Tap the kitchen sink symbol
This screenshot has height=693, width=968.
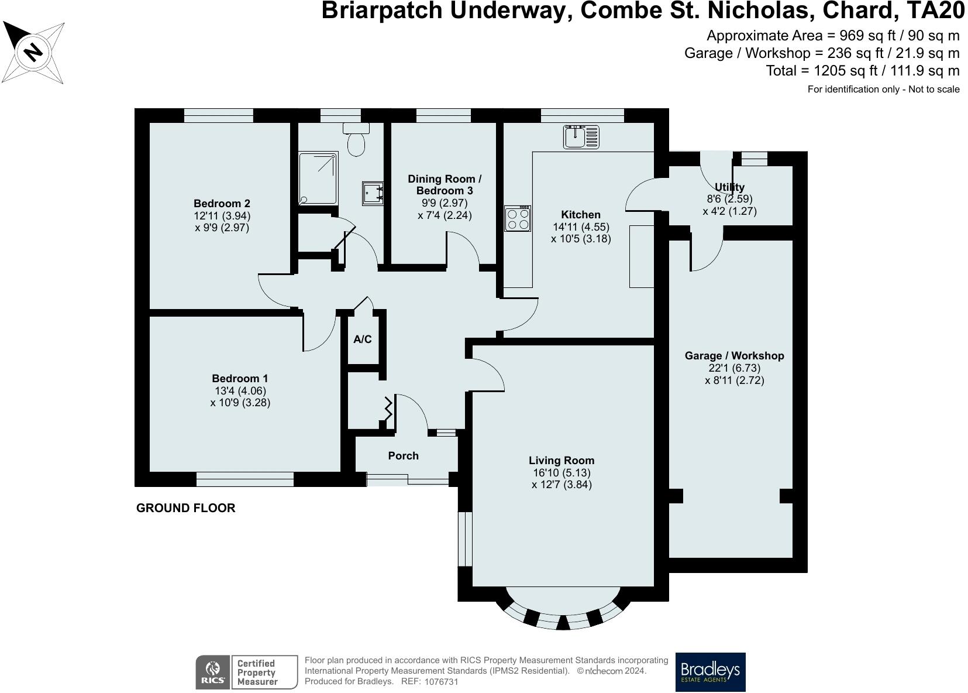point(581,136)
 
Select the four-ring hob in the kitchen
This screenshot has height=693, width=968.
point(518,218)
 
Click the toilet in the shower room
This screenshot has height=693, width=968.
point(356,139)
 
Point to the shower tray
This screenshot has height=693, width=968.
point(318,178)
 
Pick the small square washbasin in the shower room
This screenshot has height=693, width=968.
point(373,193)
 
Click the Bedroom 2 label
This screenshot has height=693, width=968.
point(222,203)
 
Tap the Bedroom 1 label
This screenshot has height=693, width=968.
point(240,378)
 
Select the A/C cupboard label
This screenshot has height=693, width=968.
point(362,339)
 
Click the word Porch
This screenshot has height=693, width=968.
point(403,456)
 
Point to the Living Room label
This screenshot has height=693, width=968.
point(561,461)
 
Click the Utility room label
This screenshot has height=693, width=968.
point(729,187)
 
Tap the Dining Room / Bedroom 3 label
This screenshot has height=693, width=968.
point(445,184)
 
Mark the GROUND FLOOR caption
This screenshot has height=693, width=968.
point(186,508)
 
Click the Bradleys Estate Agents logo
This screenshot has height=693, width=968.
point(711,673)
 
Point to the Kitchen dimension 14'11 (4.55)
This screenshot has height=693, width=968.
point(581,227)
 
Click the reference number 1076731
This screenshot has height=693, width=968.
point(441,682)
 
